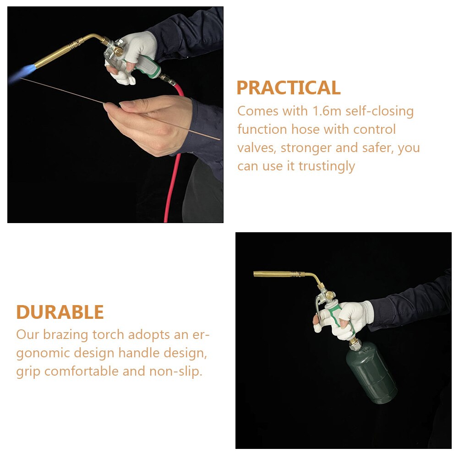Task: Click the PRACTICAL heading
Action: point(288,88)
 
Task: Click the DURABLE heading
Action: point(60,312)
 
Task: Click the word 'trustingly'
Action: point(327,166)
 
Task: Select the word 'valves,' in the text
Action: point(257,148)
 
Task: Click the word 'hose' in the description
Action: point(306,130)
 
